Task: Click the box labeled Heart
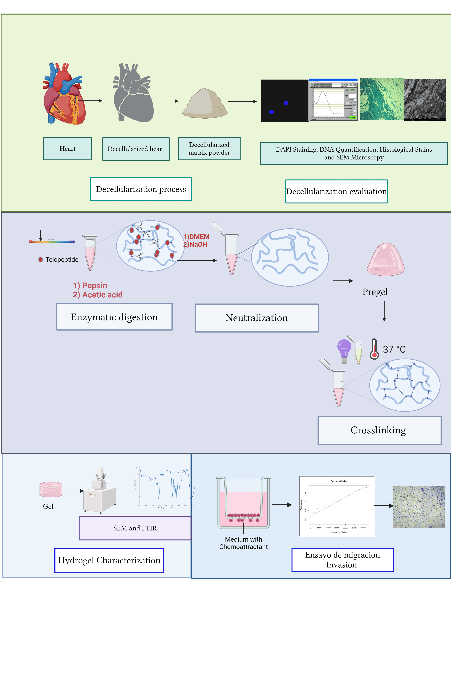68,148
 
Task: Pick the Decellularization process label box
141,189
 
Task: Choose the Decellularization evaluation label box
336,191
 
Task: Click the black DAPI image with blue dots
284,101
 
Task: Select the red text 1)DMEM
196,237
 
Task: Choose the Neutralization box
257,318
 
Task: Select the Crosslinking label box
379,430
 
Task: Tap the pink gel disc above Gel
51,489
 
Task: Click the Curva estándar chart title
339,481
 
